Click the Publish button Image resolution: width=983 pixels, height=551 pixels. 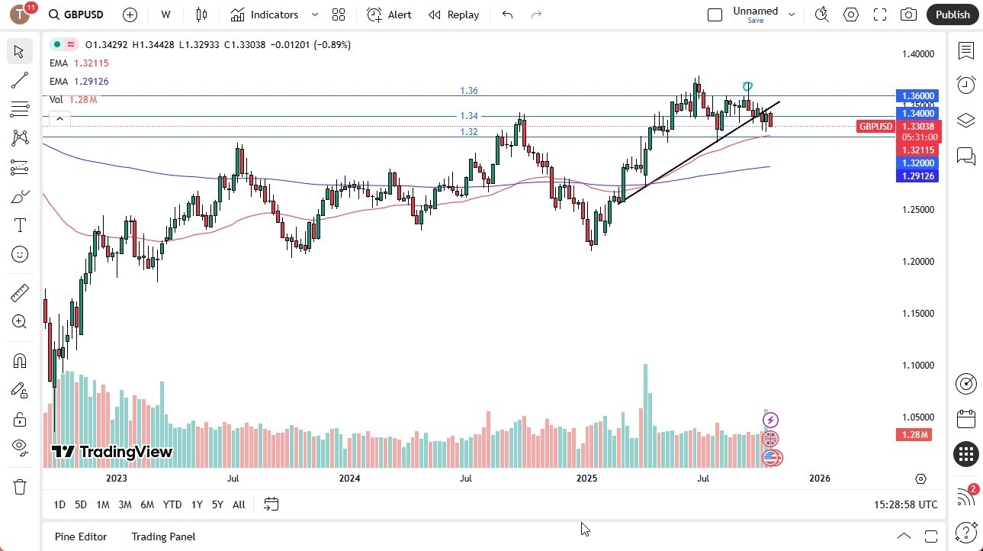[x=952, y=14]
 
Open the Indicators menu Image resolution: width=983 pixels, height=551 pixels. [x=265, y=14]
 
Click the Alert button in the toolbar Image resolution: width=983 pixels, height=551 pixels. [x=389, y=14]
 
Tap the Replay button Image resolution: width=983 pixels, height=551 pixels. [x=454, y=14]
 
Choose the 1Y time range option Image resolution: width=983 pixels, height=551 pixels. [x=197, y=504]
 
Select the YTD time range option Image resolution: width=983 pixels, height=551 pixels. [x=172, y=504]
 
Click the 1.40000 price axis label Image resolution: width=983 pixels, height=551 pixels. [x=917, y=54]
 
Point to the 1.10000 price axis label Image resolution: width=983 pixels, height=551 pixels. [x=917, y=366]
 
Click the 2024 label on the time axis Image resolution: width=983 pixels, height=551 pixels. [x=349, y=478]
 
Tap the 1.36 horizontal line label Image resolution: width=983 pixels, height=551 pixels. [x=469, y=91]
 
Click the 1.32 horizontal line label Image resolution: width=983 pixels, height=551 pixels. [x=469, y=132]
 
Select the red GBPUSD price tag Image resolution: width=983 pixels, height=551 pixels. [x=875, y=127]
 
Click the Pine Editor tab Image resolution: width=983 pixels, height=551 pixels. [x=81, y=536]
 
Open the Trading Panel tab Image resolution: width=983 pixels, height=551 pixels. [x=163, y=536]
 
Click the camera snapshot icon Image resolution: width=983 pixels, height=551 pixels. [x=908, y=14]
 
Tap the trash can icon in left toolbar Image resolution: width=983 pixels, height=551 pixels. [x=20, y=487]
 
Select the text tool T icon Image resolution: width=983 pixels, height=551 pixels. [x=20, y=226]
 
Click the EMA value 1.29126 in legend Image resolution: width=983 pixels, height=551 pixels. [x=92, y=82]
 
